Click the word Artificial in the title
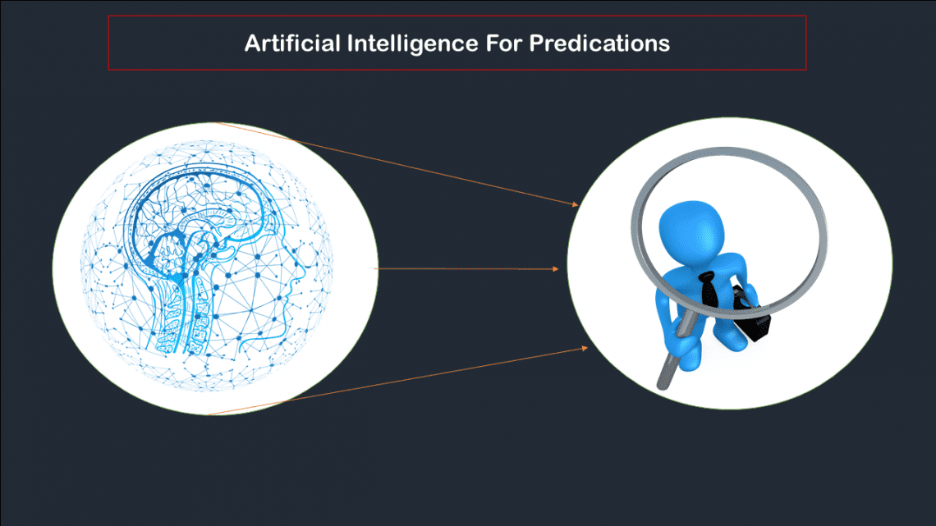point(292,43)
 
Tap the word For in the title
point(504,43)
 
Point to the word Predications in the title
point(599,43)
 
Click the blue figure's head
point(691,231)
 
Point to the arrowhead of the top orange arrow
point(576,204)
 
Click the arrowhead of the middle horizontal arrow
point(555,269)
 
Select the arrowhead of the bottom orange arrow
point(585,348)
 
